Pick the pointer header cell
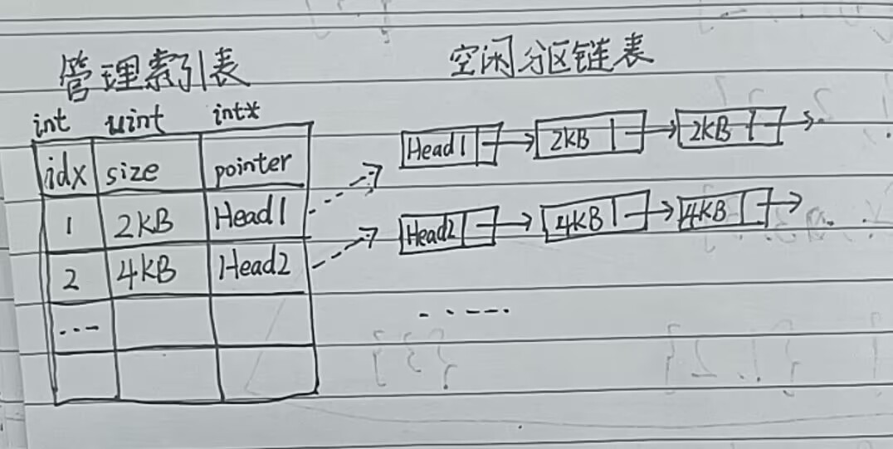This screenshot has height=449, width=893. point(252,166)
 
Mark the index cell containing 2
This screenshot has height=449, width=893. point(71,277)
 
